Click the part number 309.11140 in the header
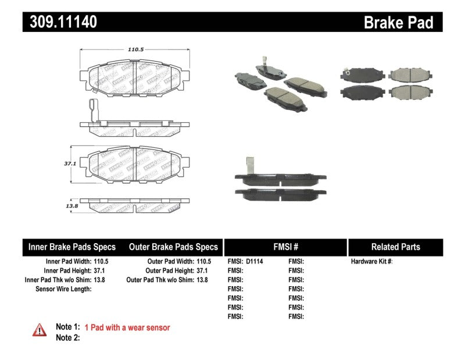pyautogui.click(x=60, y=22)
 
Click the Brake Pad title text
pyautogui.click(x=398, y=22)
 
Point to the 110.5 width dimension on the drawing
pyautogui.click(x=135, y=50)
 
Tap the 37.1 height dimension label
pyautogui.click(x=70, y=164)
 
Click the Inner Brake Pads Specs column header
pyautogui.click(x=72, y=247)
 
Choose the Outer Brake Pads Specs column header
pyautogui.click(x=173, y=247)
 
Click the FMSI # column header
pyautogui.click(x=285, y=247)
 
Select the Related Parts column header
pyautogui.click(x=395, y=247)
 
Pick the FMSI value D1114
pyautogui.click(x=255, y=262)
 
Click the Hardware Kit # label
pyautogui.click(x=372, y=262)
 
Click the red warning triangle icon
pyautogui.click(x=40, y=330)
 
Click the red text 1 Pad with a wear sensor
pyautogui.click(x=127, y=328)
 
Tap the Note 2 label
pyautogui.click(x=67, y=338)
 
